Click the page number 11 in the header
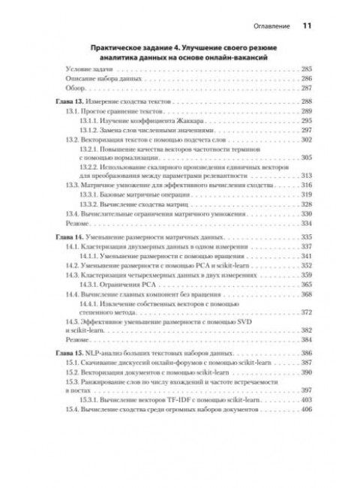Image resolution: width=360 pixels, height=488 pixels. pyautogui.click(x=307, y=24)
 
